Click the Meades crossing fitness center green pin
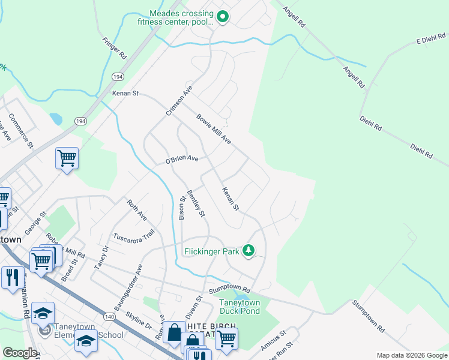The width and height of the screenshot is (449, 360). [222, 17]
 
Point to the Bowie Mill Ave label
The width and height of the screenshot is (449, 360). [214, 130]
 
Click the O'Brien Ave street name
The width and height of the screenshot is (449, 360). [181, 160]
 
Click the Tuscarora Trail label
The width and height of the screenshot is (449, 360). [134, 235]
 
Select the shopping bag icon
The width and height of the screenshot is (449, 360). [174, 332]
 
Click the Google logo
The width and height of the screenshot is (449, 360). [20, 353]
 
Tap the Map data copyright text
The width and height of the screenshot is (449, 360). [411, 355]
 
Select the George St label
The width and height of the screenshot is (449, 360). [35, 222]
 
